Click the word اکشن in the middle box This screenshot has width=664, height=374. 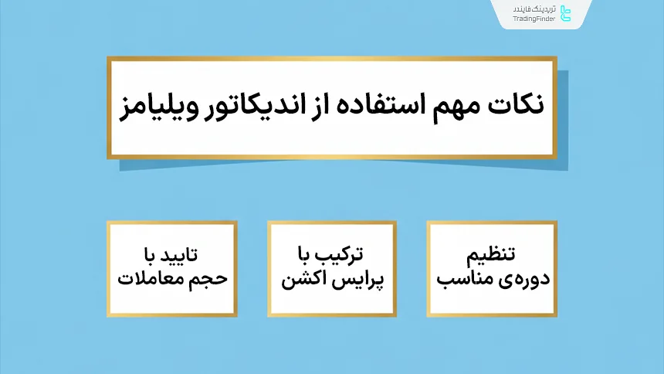click(303, 278)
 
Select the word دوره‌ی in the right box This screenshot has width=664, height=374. click(513, 278)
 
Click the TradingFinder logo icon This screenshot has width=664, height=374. click(566, 14)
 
